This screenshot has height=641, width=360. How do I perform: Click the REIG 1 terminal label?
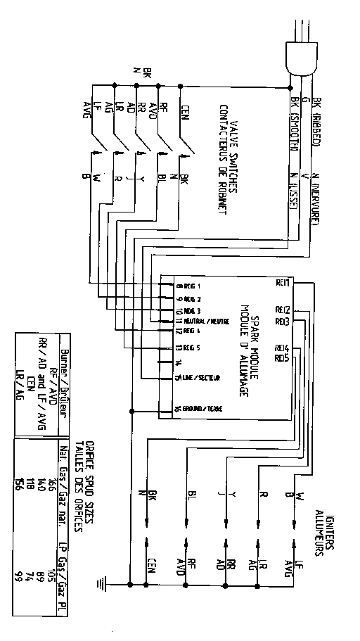tap(188, 286)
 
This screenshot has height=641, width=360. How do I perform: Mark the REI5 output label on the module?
tap(281, 358)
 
